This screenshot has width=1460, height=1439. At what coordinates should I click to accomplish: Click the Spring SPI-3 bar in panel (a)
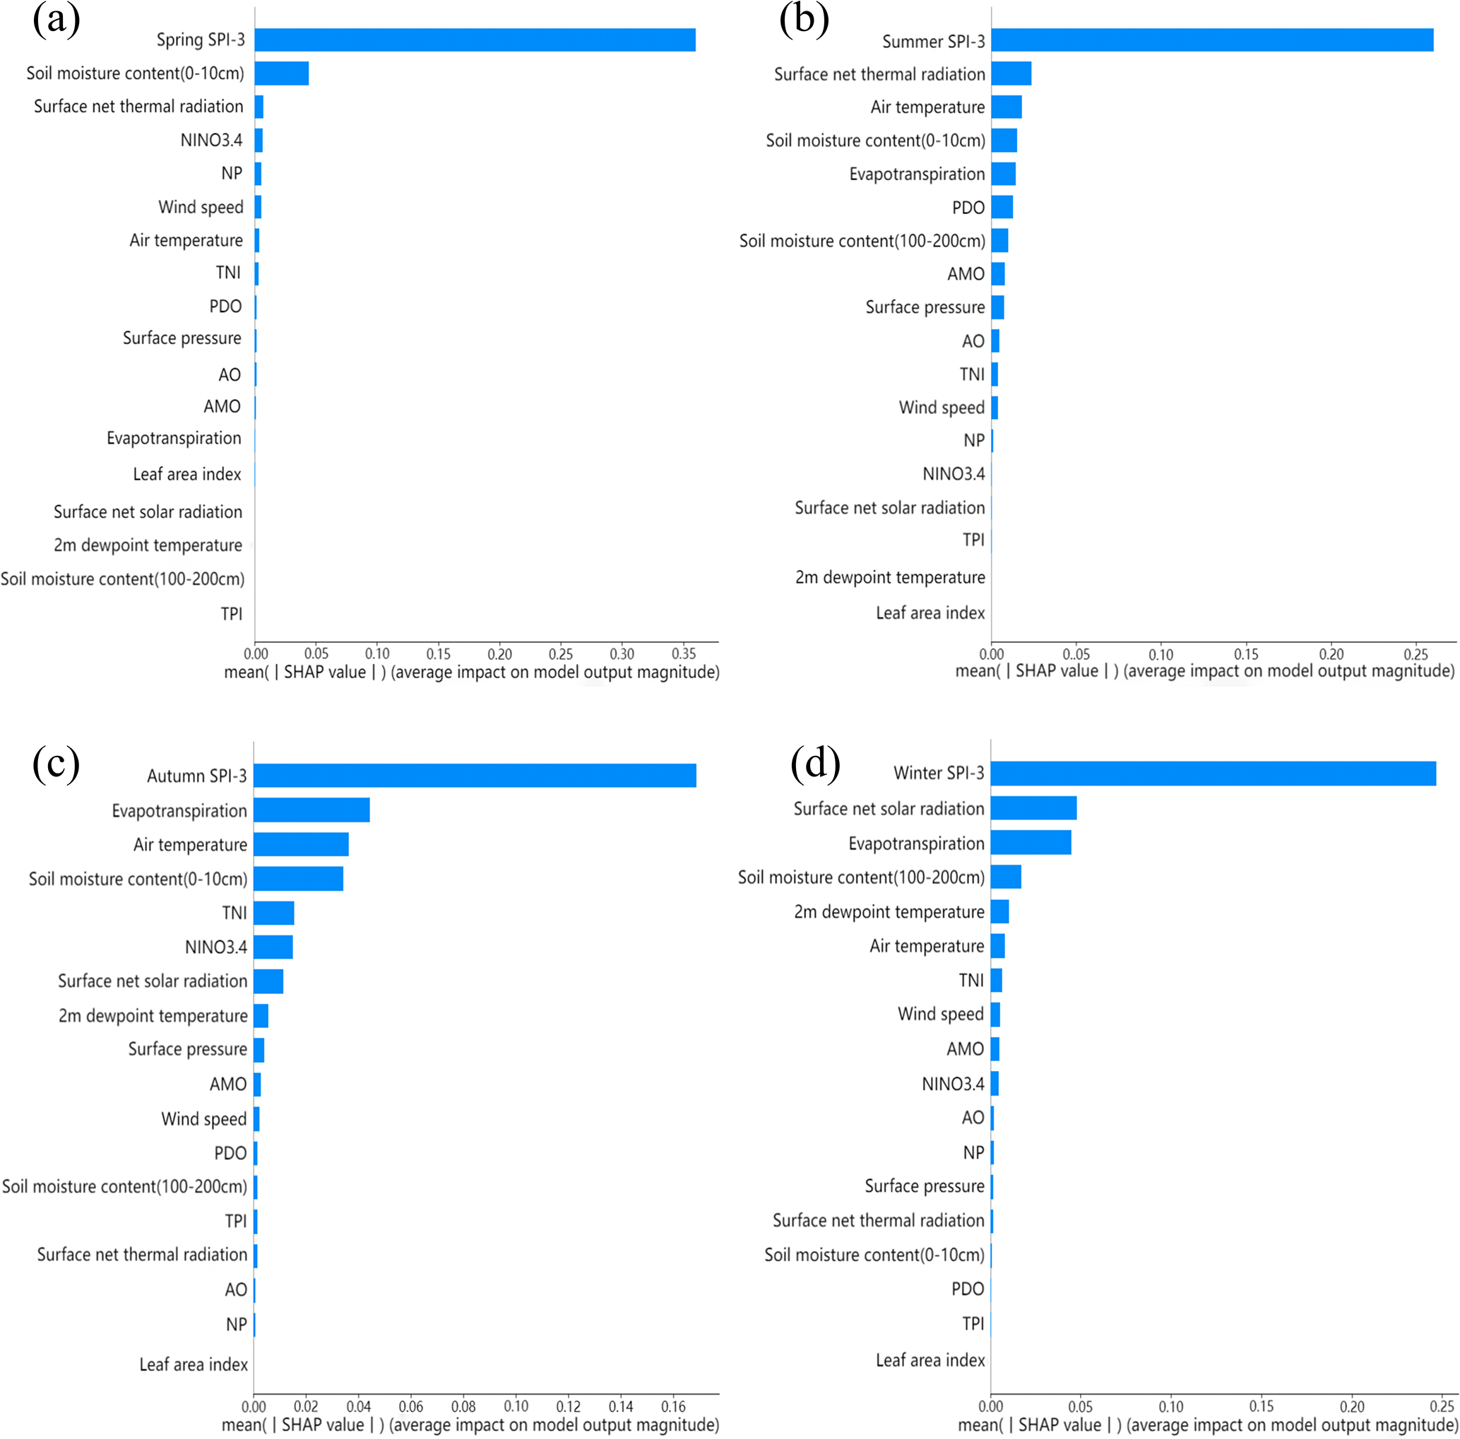pos(475,40)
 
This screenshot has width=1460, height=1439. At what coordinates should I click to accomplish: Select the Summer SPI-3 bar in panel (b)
pos(1211,40)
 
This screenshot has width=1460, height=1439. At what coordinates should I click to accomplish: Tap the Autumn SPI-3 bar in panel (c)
pos(475,776)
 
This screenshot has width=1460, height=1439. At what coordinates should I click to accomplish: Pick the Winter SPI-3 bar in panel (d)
pos(1212,773)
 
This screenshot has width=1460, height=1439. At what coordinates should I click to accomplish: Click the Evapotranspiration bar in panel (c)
pos(311,810)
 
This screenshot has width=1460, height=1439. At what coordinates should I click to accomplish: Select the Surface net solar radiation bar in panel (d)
pos(1033,808)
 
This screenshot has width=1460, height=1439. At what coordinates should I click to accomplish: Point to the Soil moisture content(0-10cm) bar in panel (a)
pos(281,73)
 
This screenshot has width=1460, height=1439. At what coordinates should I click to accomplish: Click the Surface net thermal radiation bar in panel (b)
pos(1011,74)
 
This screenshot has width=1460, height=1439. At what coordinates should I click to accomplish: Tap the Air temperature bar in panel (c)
pos(301,844)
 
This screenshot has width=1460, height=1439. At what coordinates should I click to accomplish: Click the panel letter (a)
pos(56,20)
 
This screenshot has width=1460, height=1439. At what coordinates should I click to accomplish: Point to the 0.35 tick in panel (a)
pos(683,653)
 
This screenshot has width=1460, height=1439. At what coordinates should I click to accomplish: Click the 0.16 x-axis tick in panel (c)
pos(673,1407)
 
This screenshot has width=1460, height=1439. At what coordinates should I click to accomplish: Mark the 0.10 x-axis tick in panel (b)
pos(1161,654)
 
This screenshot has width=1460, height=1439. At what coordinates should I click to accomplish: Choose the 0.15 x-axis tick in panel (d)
pos(1262,1407)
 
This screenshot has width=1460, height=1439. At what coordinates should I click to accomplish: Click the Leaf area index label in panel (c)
pos(194,1364)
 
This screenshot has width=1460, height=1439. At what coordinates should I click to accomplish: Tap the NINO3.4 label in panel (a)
pos(212,140)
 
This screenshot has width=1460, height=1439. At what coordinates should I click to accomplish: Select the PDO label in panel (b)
pos(968,208)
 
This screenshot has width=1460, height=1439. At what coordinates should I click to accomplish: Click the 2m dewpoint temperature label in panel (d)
pos(889,911)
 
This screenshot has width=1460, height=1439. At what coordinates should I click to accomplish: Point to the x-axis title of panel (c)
pos(470,1425)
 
